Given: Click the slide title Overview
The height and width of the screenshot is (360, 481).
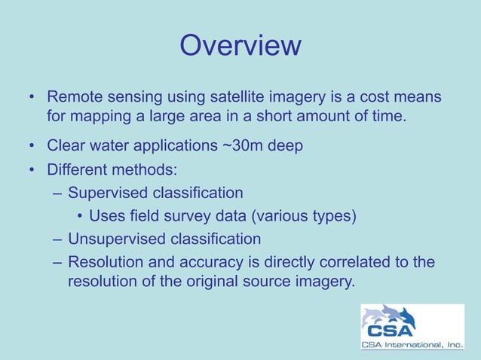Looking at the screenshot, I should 240,46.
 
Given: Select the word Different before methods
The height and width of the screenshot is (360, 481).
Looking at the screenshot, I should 78,167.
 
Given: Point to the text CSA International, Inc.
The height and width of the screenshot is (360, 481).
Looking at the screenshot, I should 412,346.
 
